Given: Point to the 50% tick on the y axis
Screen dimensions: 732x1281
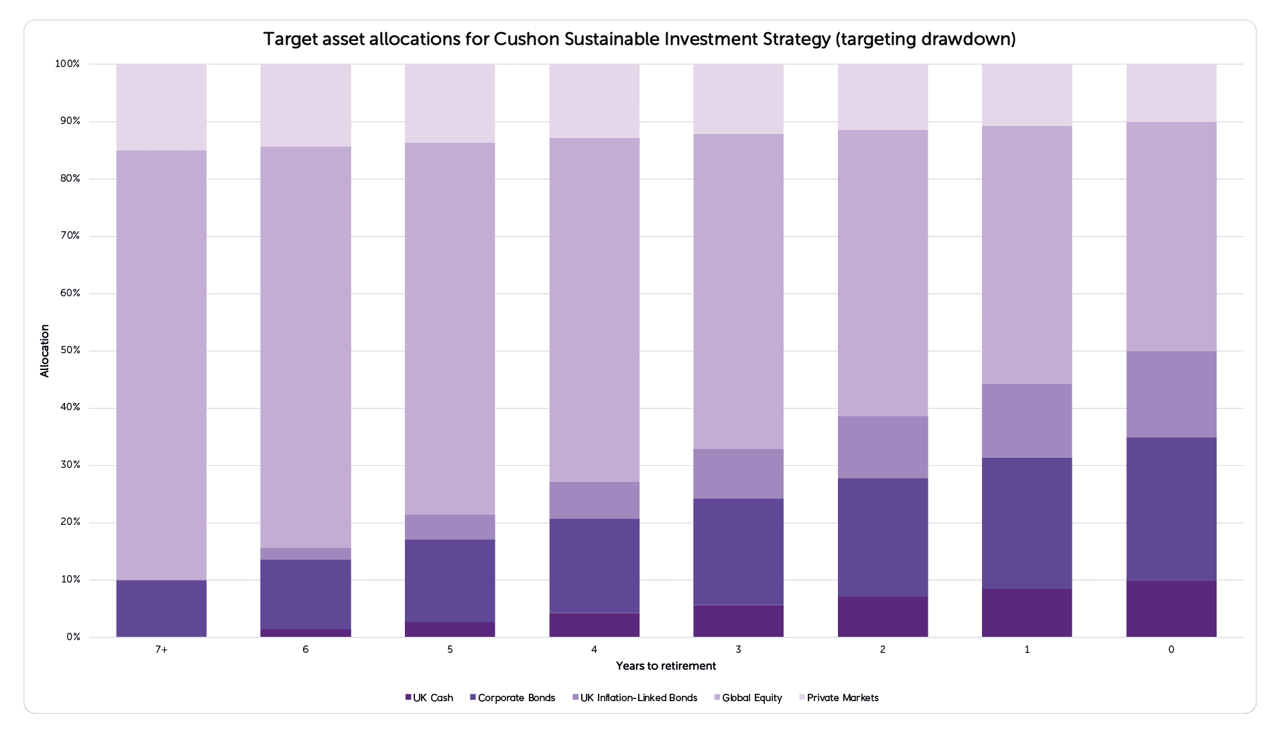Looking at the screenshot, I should click(70, 351).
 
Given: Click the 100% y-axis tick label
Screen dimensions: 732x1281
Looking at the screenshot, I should click(67, 64).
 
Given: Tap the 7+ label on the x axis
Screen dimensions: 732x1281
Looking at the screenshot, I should click(161, 650).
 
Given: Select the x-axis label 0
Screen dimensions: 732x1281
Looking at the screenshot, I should click(1170, 650).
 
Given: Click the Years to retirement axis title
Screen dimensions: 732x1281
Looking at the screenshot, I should click(666, 666).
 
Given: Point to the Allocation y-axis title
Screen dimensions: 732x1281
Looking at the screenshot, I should click(45, 351).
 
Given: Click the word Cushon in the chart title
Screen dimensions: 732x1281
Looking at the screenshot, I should click(526, 39).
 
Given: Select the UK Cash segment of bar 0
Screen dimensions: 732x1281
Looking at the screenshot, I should click(1170, 609).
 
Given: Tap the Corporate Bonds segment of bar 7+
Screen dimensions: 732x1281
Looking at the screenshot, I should click(161, 609).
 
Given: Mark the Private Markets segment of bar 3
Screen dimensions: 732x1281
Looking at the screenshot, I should click(738, 99).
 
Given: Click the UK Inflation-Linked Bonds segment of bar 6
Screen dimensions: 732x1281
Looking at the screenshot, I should click(305, 554).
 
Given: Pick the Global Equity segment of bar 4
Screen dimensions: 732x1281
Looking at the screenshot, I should click(594, 310).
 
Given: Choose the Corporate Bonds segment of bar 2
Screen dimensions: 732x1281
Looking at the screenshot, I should click(882, 538).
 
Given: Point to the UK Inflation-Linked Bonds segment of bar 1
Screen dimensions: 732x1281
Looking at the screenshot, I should click(1026, 421).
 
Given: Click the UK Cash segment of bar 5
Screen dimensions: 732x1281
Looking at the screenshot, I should click(449, 629).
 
